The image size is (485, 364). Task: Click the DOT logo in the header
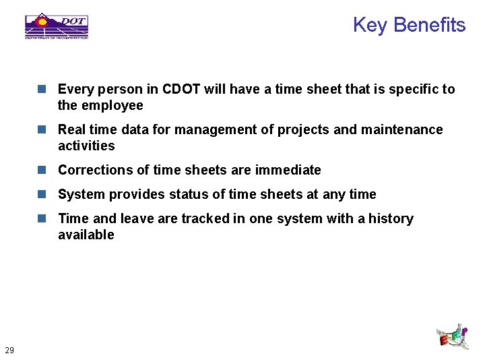coord(57,26)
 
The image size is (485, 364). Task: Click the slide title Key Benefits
coord(409,25)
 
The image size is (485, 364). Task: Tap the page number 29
coord(9,350)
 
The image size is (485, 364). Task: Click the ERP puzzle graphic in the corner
coord(452,336)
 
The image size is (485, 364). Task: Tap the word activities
coord(86,146)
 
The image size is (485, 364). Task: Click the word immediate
coord(288,170)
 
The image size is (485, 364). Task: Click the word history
coord(391,218)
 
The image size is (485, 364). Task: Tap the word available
coord(86,235)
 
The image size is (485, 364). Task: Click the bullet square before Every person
coord(42,89)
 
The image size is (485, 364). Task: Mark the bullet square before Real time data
coord(42,129)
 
